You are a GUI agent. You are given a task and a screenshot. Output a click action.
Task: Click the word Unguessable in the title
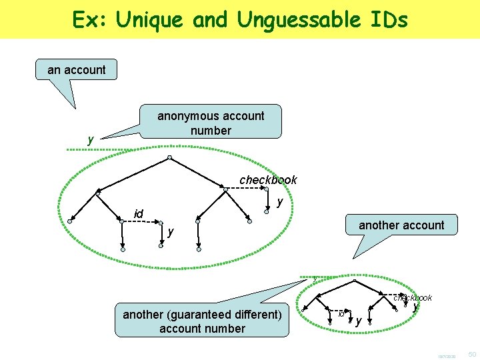295,20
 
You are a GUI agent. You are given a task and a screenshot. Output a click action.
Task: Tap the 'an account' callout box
77,69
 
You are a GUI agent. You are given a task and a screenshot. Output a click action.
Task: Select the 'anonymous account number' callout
211,123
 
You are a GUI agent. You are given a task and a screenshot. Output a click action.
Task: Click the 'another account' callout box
401,225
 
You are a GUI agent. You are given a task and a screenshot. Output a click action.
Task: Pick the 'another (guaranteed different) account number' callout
203,321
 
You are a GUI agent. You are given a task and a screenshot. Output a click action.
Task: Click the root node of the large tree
170,158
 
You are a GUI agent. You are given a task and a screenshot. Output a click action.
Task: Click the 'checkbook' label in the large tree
268,180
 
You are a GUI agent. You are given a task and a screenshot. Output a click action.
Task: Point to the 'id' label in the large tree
139,213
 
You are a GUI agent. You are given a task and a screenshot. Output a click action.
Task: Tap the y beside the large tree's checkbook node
280,200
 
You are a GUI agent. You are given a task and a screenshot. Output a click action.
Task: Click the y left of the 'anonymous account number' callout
91,139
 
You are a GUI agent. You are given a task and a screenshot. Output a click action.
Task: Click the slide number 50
471,352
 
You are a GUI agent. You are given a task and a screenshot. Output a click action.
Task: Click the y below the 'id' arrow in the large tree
171,231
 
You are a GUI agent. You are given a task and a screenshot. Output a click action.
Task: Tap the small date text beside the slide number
447,354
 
